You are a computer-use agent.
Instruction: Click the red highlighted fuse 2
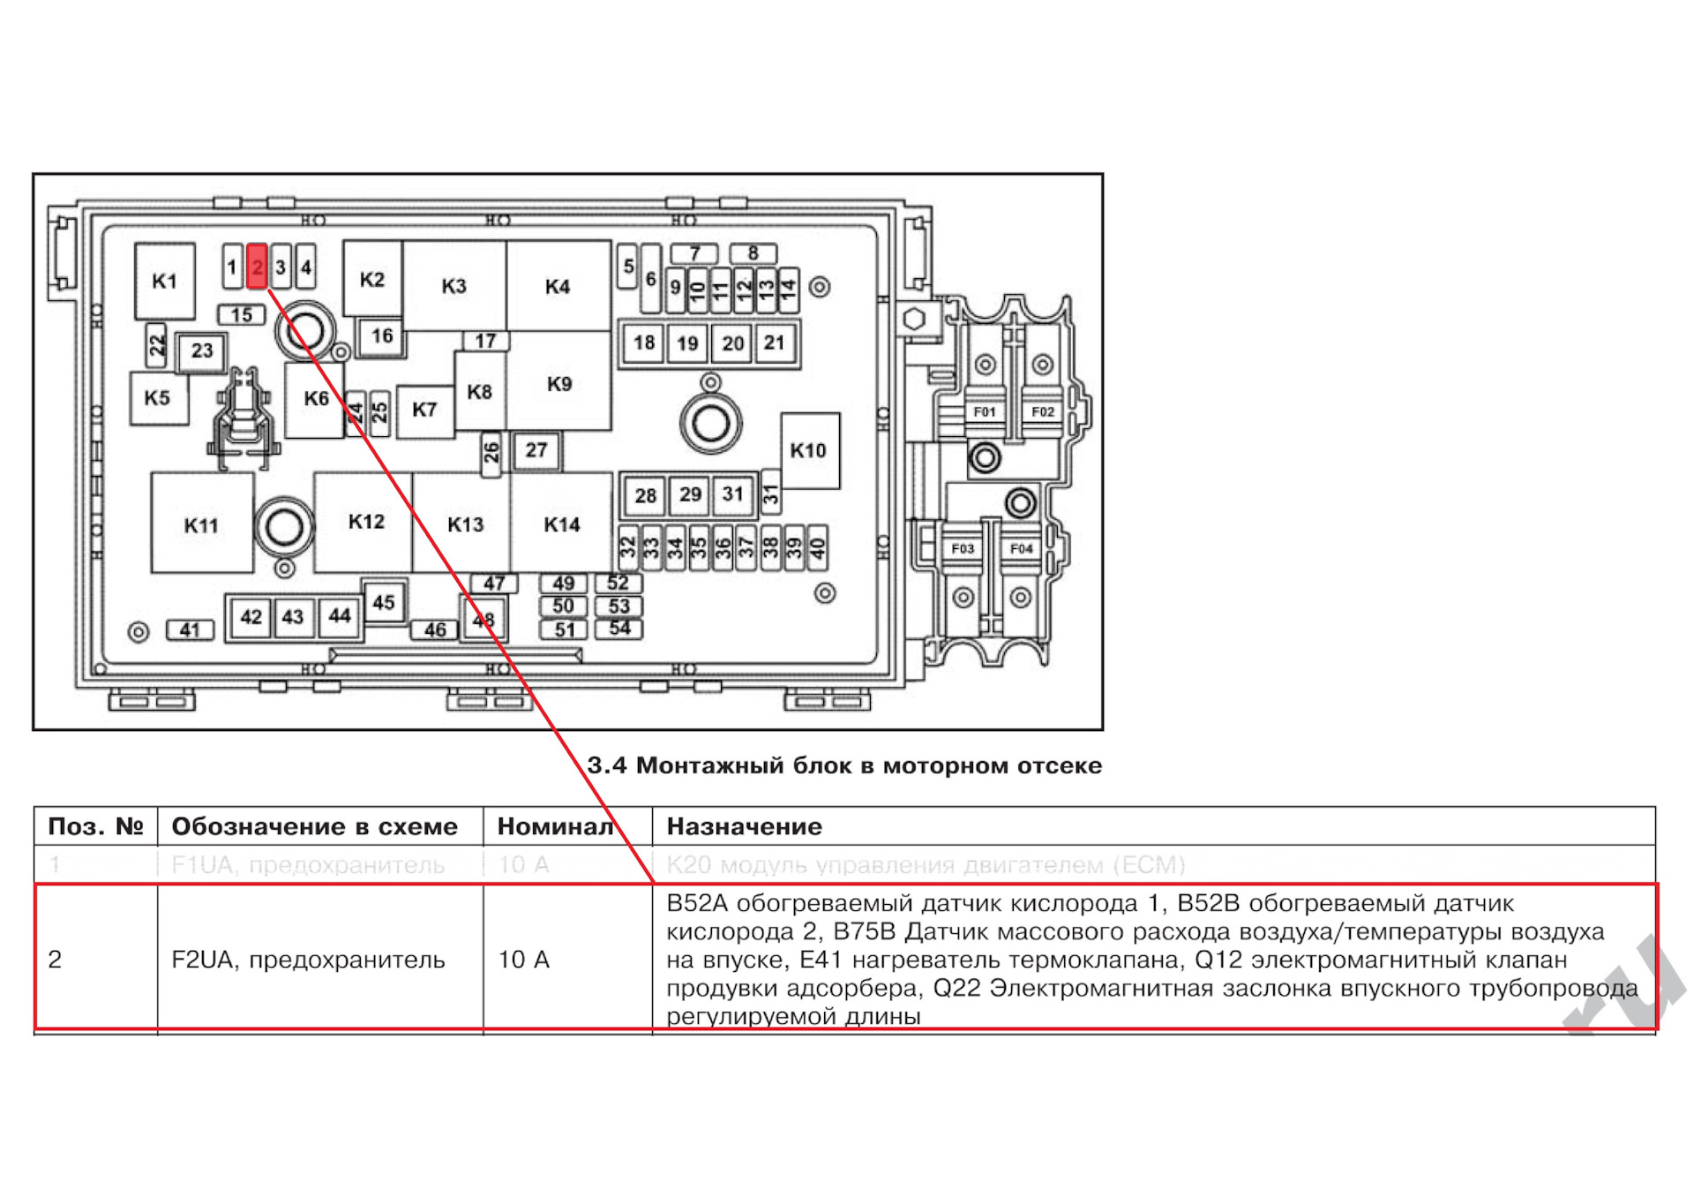(x=257, y=267)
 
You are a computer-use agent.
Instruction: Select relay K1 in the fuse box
(x=165, y=282)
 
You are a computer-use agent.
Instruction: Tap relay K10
(x=809, y=451)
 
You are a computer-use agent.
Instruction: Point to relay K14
(x=562, y=524)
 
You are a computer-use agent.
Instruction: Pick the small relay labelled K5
(x=158, y=398)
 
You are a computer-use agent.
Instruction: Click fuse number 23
(x=202, y=351)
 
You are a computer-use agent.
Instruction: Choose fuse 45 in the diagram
(x=384, y=603)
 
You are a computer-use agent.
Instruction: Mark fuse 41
(x=190, y=630)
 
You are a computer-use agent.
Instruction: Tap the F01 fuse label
(x=985, y=412)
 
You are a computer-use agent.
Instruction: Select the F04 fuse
(x=1022, y=549)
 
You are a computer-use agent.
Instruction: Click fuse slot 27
(x=536, y=451)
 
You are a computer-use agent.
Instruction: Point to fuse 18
(x=644, y=343)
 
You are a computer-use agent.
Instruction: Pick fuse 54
(x=619, y=629)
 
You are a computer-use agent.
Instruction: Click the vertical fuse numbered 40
(x=817, y=549)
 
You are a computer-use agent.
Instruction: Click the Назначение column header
(x=744, y=827)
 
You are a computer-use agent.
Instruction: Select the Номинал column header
(x=555, y=827)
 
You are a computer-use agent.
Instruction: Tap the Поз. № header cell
(x=95, y=827)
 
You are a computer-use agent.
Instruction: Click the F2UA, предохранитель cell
(x=308, y=960)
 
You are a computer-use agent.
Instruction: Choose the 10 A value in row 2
(x=524, y=960)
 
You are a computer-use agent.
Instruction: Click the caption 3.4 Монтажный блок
(x=844, y=765)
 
